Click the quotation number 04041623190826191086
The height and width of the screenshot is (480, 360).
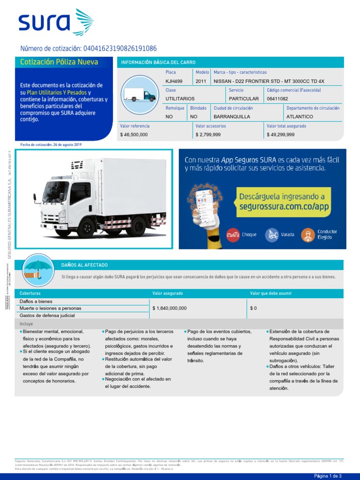[x=120, y=49]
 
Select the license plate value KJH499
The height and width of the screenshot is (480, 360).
[x=174, y=81]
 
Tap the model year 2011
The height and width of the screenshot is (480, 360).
[x=201, y=81]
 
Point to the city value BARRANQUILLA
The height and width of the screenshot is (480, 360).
[x=232, y=116]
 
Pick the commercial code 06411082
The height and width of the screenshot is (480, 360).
[x=277, y=99]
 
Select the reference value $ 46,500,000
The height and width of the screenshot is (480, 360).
[x=134, y=135]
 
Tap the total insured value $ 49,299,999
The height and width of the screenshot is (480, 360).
[x=280, y=135]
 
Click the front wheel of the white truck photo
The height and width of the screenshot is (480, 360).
[x=62, y=227]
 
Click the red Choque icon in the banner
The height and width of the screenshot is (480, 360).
[x=233, y=234]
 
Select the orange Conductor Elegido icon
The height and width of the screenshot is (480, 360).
[x=308, y=234]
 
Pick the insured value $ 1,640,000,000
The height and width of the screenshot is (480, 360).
[x=170, y=308]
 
